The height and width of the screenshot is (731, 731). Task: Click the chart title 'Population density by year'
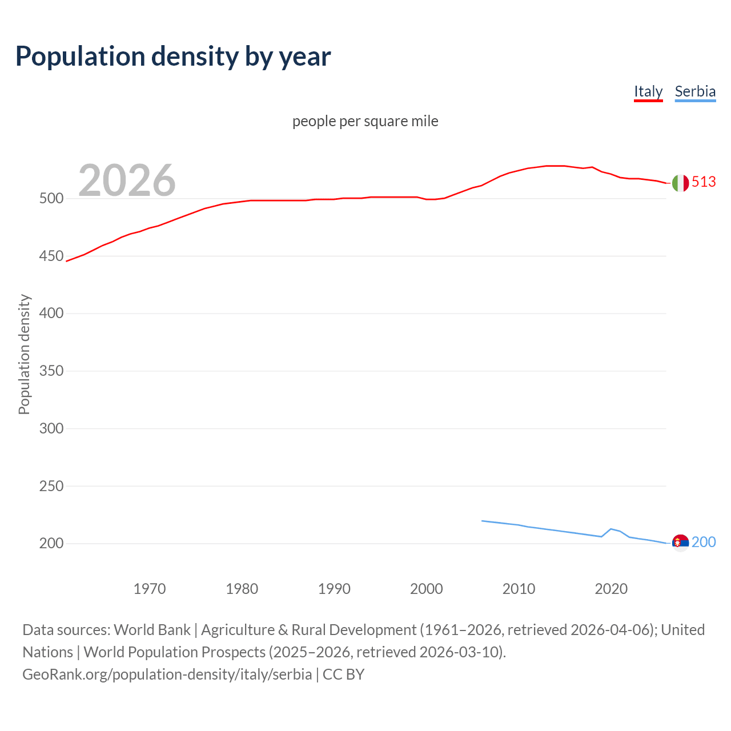[173, 57]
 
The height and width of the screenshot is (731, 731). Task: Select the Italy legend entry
[648, 91]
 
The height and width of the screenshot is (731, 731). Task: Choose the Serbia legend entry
[695, 91]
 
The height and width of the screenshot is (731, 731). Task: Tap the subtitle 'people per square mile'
[365, 122]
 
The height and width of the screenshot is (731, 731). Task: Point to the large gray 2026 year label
[127, 180]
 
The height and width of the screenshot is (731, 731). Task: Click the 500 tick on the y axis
[51, 199]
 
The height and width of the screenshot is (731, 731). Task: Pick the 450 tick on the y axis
[51, 256]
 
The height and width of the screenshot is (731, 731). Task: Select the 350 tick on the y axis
[51, 371]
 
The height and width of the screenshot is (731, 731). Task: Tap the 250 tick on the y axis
[51, 486]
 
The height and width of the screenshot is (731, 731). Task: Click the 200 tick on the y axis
[51, 544]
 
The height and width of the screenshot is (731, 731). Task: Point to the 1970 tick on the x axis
[150, 589]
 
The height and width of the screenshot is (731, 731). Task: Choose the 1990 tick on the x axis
[334, 589]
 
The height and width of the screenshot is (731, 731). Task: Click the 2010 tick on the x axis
[519, 589]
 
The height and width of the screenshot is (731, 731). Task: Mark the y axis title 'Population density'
[24, 354]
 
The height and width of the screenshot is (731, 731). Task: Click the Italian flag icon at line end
[680, 183]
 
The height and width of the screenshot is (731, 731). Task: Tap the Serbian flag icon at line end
[680, 543]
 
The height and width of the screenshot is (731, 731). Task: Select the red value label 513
[704, 182]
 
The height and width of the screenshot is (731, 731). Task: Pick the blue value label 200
[704, 542]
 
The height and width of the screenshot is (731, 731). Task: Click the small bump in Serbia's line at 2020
[611, 529]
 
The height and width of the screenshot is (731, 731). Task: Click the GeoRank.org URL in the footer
[167, 674]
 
